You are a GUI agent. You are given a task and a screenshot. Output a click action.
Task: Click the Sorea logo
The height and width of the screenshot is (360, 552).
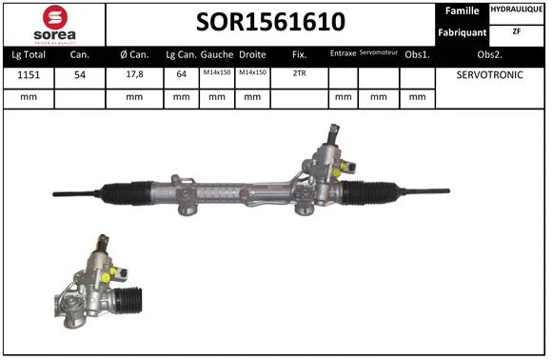click(x=54, y=25)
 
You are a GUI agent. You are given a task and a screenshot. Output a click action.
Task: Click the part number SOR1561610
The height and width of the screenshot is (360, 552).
click(x=270, y=22)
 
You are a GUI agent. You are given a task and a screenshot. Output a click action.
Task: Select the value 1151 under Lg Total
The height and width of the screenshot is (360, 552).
click(x=29, y=75)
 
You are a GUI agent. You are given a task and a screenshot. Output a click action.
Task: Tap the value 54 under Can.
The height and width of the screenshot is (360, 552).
click(x=80, y=75)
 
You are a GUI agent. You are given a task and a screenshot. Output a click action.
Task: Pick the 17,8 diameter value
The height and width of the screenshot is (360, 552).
click(x=134, y=74)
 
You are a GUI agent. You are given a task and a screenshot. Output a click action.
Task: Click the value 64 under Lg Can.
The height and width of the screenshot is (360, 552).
click(x=181, y=74)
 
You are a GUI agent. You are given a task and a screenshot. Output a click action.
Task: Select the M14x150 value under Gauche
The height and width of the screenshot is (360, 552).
click(x=217, y=72)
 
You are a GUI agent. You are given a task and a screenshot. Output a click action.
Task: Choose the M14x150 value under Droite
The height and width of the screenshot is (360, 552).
click(x=252, y=72)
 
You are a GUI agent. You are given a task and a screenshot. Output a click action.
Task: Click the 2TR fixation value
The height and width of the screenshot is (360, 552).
click(x=299, y=73)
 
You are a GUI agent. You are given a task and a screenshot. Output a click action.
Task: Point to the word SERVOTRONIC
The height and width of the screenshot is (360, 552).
click(x=490, y=74)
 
